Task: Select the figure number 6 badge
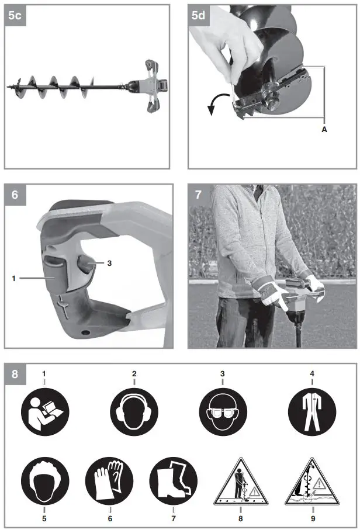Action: pyautogui.click(x=15, y=195)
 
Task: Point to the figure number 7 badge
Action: pyautogui.click(x=199, y=195)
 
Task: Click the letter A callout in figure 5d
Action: pyautogui.click(x=324, y=130)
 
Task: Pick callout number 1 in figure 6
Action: pyautogui.click(x=13, y=279)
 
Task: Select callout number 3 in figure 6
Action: pyautogui.click(x=109, y=263)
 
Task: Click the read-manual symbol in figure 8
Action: pyautogui.click(x=44, y=413)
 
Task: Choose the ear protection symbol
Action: pyautogui.click(x=134, y=413)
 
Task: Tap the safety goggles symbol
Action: pyautogui.click(x=223, y=413)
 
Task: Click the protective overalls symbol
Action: pyautogui.click(x=311, y=413)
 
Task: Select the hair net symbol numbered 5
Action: pyautogui.click(x=44, y=480)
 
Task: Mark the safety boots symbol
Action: pyautogui.click(x=173, y=480)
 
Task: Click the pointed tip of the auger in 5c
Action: pyautogui.click(x=8, y=87)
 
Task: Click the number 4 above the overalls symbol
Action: pyautogui.click(x=311, y=373)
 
